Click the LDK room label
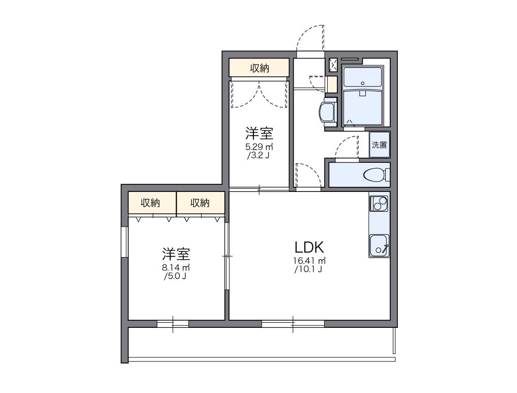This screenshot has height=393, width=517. (x=309, y=247)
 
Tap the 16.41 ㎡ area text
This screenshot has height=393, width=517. (x=309, y=261)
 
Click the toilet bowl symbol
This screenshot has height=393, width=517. (x=375, y=175)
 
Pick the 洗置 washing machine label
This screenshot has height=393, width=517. (x=379, y=145)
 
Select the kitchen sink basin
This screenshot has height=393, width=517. (x=379, y=245)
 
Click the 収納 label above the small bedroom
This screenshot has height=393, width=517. (x=259, y=68)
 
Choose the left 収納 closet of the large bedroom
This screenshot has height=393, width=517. (x=151, y=203)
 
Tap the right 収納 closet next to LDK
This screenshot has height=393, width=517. (x=200, y=203)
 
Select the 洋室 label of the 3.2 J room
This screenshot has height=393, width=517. (x=259, y=133)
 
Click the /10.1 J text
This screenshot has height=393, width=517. (x=308, y=270)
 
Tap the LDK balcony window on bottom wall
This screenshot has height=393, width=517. (x=293, y=323)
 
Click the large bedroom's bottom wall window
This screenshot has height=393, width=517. (x=173, y=323)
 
